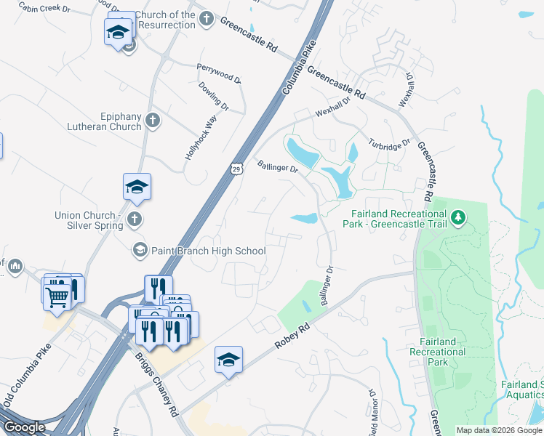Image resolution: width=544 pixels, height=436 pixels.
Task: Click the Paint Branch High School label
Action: [208, 251]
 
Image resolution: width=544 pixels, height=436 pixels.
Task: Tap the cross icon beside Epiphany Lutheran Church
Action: [152, 121]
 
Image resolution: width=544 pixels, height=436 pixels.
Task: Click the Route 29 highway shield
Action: [236, 169]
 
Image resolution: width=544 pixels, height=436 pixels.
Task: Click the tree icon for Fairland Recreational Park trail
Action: [457, 217]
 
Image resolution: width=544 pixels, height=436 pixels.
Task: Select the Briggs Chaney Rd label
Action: [157, 381]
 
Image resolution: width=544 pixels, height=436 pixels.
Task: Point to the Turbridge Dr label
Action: [390, 142]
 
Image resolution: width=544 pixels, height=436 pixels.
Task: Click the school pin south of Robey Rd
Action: [228, 360]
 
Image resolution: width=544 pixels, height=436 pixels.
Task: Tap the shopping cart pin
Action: [57, 294]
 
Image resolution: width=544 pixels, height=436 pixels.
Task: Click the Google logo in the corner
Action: [24, 427]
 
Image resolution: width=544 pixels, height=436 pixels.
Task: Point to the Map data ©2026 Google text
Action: [499, 430]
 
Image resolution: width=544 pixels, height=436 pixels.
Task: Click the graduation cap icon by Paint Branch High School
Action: [139, 251]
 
